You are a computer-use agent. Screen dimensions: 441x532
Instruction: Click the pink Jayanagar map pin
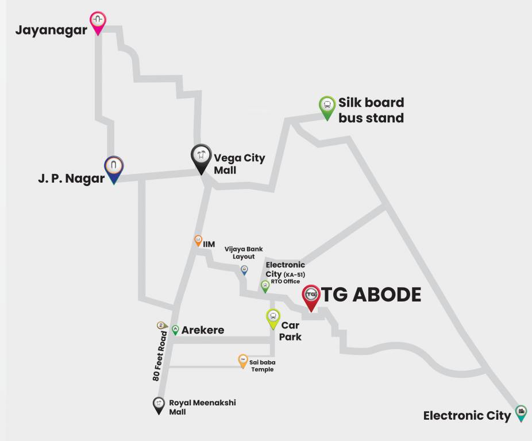98,21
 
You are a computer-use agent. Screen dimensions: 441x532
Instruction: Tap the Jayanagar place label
51,30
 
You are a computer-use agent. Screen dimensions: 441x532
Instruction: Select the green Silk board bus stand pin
327,106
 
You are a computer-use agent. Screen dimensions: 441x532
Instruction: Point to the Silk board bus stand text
371,110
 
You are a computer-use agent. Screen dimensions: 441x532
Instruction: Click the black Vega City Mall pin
201,157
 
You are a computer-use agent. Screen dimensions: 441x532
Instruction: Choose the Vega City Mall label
239,164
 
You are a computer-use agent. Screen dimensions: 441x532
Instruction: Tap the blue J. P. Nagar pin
114,169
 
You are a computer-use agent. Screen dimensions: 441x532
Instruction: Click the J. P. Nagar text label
71,179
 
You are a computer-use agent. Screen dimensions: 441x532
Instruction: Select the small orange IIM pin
198,241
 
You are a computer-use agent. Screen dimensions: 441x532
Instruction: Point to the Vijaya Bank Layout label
244,253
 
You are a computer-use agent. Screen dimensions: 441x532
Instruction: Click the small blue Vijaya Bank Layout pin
244,269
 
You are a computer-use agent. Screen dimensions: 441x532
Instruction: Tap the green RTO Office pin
265,285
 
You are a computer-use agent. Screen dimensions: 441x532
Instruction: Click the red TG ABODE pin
311,296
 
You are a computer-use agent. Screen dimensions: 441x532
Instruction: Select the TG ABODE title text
371,295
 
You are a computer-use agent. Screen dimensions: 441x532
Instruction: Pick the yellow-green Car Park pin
273,318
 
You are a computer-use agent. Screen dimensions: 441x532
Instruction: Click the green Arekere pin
175,330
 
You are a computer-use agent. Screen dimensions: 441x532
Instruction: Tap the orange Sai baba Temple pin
243,361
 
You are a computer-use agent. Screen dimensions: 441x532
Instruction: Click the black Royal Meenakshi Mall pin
159,404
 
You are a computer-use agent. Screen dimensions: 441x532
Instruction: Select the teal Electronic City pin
521,412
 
